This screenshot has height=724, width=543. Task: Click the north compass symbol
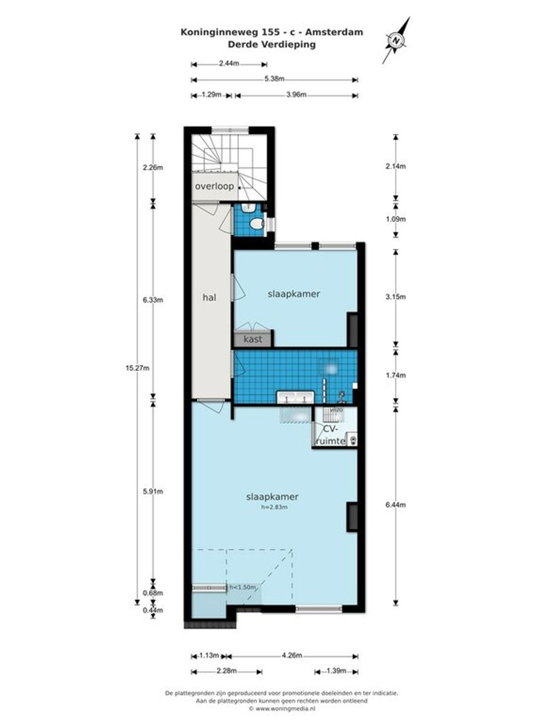[x=397, y=40]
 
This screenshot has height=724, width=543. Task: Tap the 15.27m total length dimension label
[x=137, y=368]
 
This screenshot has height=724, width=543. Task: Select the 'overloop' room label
[x=214, y=187]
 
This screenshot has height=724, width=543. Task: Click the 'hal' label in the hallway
[x=209, y=298]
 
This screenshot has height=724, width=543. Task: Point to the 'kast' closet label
[x=253, y=339]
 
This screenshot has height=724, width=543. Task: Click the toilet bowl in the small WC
[x=256, y=224]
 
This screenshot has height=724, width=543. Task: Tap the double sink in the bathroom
[x=296, y=398]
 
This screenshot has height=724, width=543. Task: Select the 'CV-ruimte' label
[x=330, y=435]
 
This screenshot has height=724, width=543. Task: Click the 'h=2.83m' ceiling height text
[x=275, y=507]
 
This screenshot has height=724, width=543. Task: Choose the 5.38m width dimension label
[x=275, y=79]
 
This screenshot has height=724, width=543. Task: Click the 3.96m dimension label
[x=296, y=95]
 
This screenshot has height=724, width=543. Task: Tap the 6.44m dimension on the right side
[x=396, y=505]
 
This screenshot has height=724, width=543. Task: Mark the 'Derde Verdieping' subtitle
[x=271, y=44]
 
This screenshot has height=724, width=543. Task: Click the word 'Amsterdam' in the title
[x=334, y=32]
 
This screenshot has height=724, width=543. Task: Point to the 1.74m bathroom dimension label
[x=396, y=375]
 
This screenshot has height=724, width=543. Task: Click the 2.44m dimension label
[x=229, y=63]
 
